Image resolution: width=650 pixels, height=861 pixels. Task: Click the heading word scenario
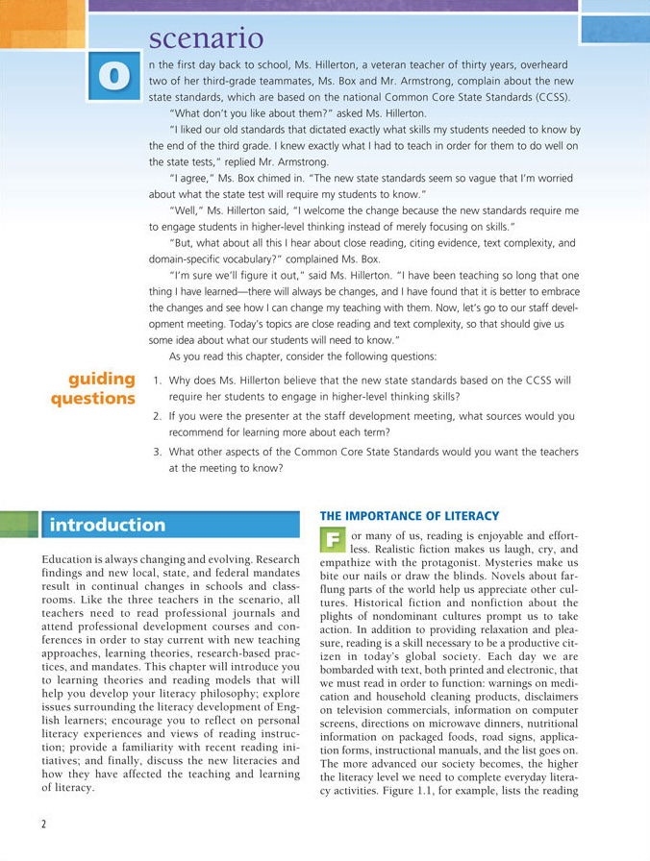click(206, 38)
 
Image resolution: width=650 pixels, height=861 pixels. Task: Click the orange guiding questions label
click(95, 388)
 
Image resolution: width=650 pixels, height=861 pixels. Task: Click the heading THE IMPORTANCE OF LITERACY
click(410, 516)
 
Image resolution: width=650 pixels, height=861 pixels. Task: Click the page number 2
click(43, 824)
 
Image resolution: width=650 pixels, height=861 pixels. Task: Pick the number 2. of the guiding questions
click(158, 416)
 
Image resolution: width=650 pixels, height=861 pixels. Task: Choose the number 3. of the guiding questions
click(158, 452)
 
